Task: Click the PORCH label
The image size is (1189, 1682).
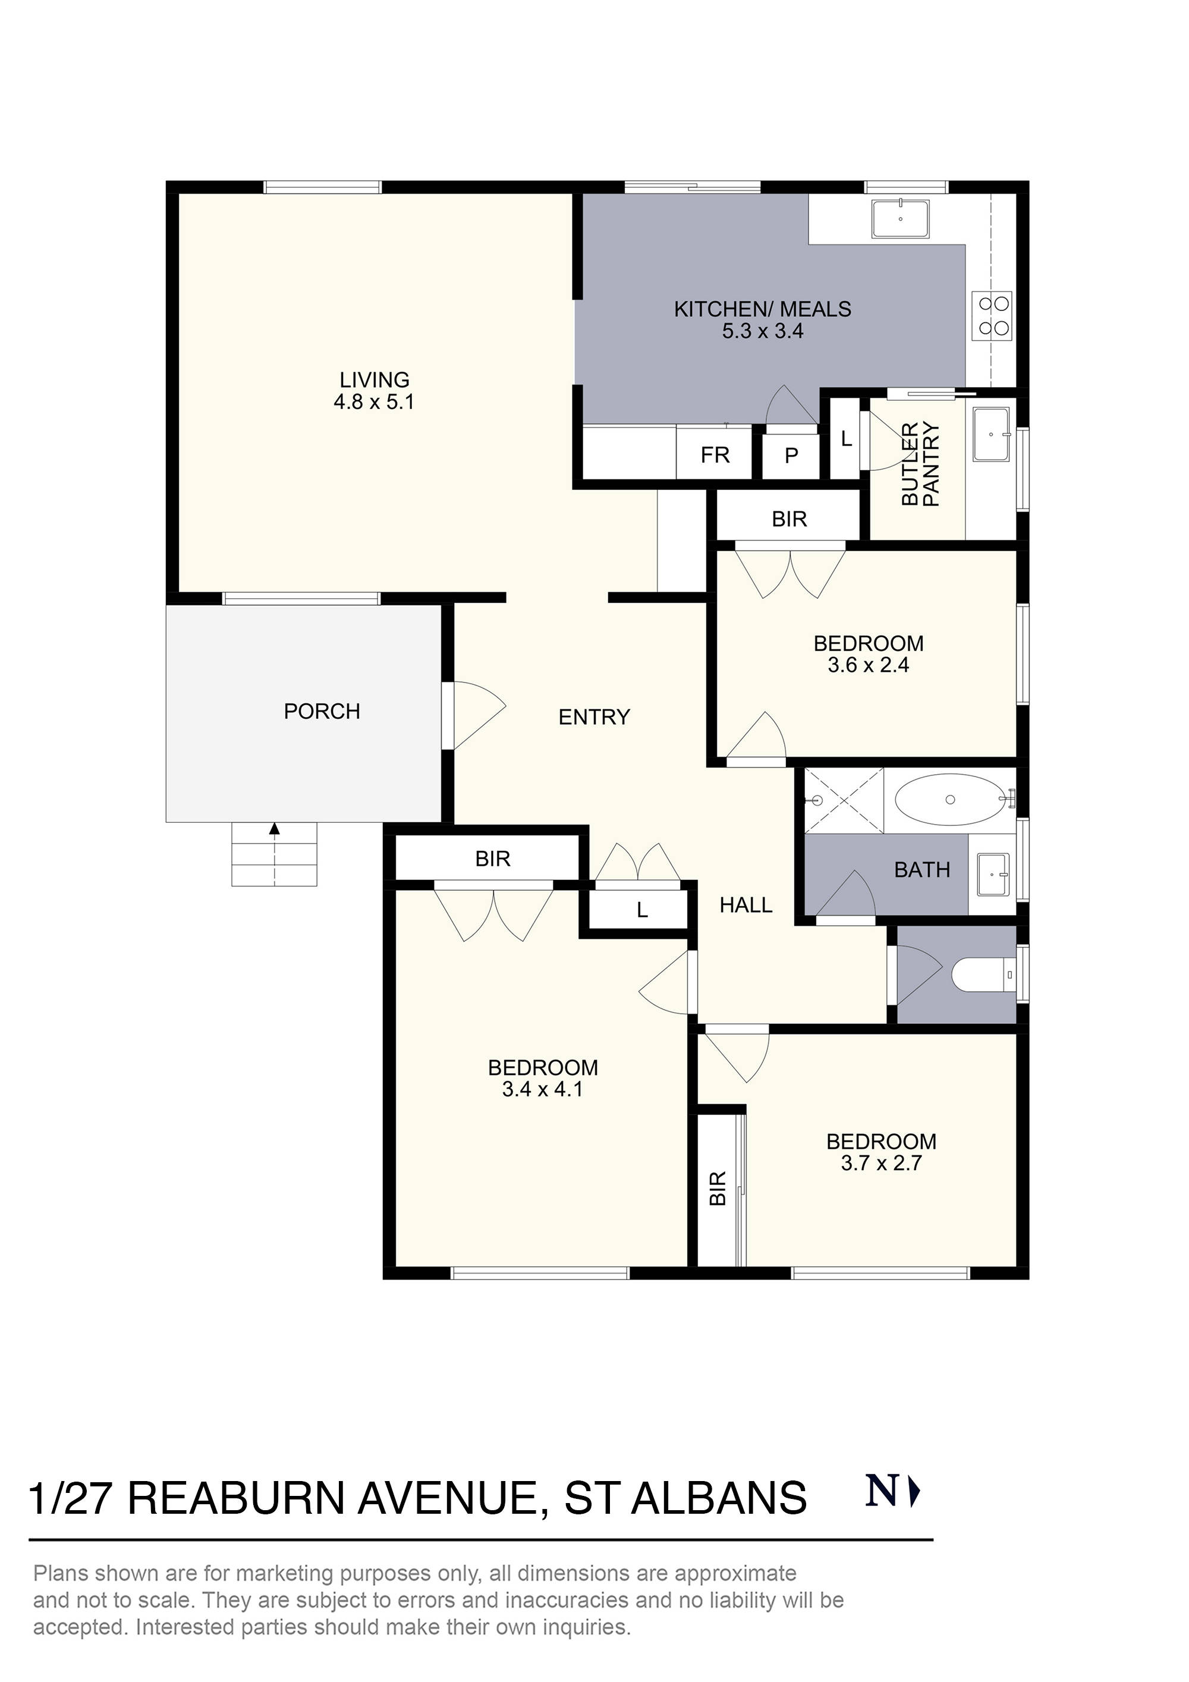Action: coord(322,711)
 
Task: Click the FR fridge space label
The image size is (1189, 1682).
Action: coord(715,455)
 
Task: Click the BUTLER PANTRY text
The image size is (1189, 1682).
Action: coord(920,464)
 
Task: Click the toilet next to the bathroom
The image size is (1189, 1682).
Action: coord(984,974)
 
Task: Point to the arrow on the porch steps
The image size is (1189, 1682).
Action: coord(275,829)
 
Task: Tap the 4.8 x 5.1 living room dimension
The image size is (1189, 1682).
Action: coord(375,402)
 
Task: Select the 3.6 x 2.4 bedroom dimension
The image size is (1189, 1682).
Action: coord(868,665)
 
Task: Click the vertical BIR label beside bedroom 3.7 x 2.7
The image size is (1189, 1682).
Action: coord(718,1187)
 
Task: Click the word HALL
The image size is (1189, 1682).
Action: coord(746,906)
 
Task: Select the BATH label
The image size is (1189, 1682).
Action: coord(921,870)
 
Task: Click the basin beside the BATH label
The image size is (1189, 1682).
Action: coord(992,874)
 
